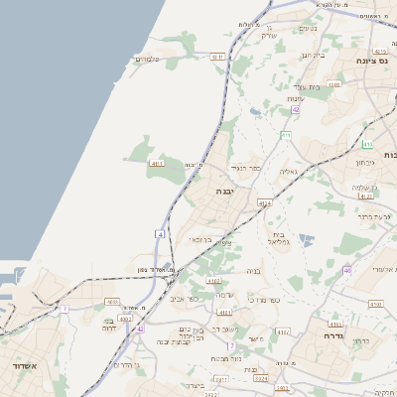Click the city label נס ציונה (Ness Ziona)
(376, 61)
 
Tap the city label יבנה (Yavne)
(221, 191)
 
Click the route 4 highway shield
(159, 233)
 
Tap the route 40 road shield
(347, 269)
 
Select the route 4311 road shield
(217, 58)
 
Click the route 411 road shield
(285, 135)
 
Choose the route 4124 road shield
(264, 202)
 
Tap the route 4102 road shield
(112, 302)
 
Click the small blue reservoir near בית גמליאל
(305, 239)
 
